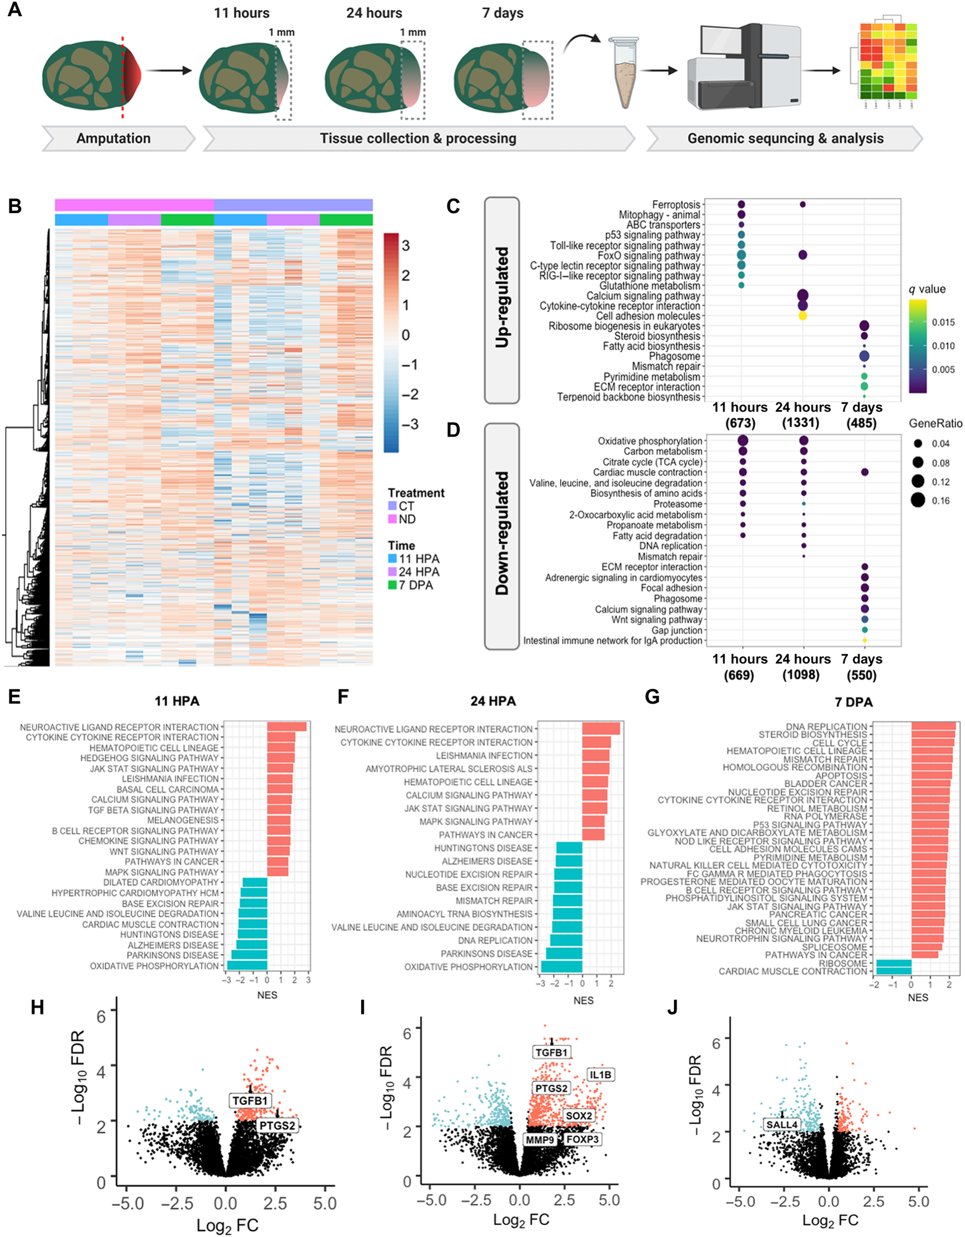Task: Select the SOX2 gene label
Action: (x=579, y=1116)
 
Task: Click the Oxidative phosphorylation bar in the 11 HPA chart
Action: (x=247, y=966)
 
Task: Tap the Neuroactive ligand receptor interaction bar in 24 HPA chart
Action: (x=601, y=729)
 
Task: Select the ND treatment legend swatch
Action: (x=392, y=519)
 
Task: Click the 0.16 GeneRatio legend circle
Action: (x=918, y=500)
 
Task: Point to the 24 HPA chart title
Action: (x=493, y=701)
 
